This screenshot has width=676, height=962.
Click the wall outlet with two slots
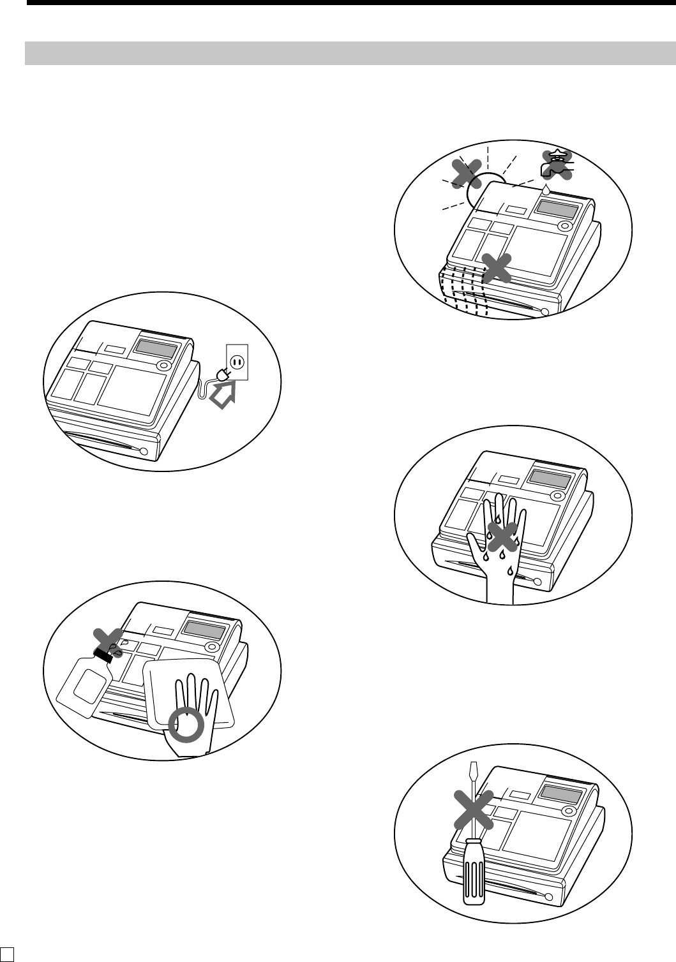[x=237, y=362]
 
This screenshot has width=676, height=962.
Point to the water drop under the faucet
[x=546, y=190]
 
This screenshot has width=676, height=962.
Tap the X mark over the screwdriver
[x=473, y=810]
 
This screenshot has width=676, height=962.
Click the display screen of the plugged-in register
[x=155, y=350]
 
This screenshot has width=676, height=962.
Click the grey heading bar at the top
[x=350, y=54]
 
